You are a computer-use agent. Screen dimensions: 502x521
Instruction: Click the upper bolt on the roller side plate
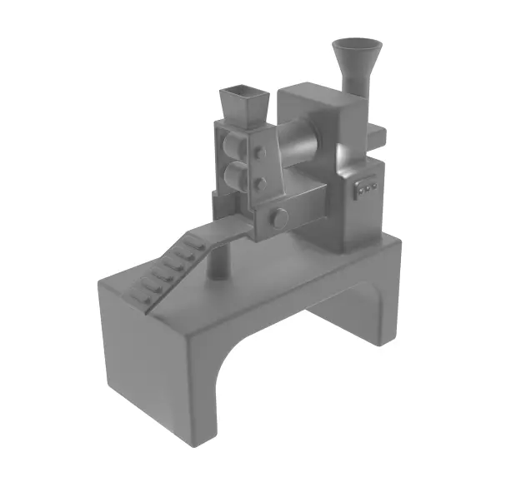click(260, 152)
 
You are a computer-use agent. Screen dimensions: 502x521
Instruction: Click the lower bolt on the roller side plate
click(260, 182)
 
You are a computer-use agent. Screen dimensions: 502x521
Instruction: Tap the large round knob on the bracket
click(279, 219)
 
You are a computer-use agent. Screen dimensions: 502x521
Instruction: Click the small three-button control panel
click(366, 190)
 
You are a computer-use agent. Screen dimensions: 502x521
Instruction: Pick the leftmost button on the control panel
click(358, 191)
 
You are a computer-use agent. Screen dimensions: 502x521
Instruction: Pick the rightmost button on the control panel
click(373, 187)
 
